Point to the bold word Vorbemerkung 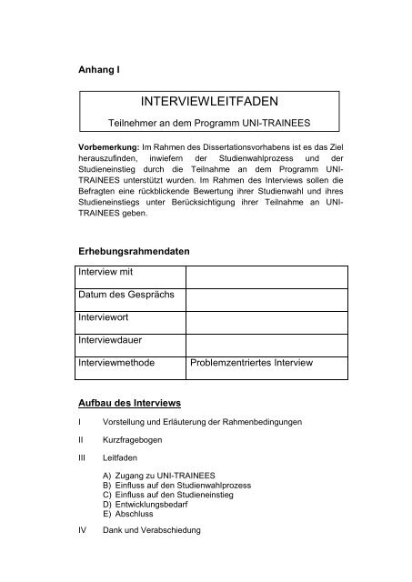(107, 147)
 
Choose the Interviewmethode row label (115, 365)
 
